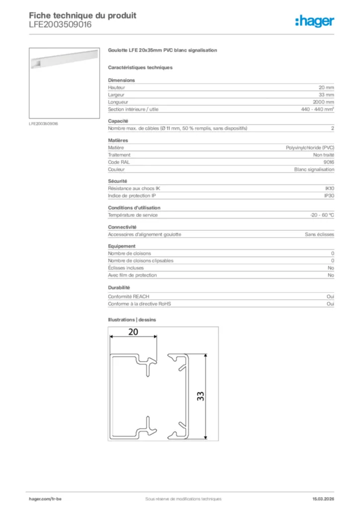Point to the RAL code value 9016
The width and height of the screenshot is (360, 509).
329,162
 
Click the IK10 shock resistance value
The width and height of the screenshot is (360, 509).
329,188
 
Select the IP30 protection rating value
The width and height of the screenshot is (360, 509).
329,195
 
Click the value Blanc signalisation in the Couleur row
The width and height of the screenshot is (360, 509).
314,169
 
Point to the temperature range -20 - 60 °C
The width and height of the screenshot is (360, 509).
322,215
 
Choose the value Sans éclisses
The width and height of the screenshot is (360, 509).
319,234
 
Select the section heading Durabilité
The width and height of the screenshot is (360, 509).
119,287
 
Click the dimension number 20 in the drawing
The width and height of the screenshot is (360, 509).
133,332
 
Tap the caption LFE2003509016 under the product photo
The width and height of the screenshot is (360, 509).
44,123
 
